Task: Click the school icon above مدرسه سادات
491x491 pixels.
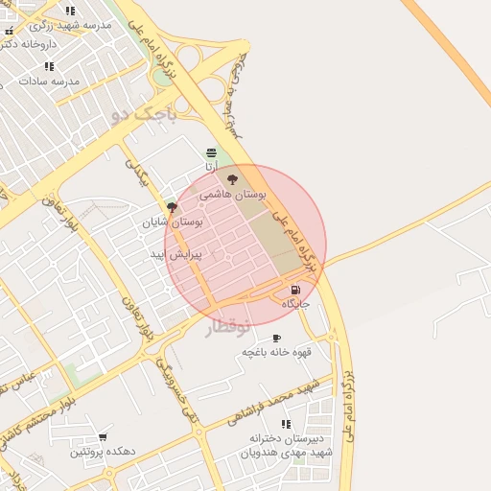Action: click(x=50, y=66)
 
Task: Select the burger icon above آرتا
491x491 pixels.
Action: click(x=211, y=152)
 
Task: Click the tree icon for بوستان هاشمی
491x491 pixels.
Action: click(x=231, y=178)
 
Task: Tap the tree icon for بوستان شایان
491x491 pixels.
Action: click(x=173, y=206)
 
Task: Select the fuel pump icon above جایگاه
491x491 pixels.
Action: click(x=294, y=290)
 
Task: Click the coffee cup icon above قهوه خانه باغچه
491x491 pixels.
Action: click(x=277, y=338)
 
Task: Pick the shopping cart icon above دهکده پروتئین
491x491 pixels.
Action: click(x=103, y=437)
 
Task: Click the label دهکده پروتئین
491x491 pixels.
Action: click(x=103, y=451)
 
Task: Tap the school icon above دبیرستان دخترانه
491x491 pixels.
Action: click(x=286, y=423)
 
